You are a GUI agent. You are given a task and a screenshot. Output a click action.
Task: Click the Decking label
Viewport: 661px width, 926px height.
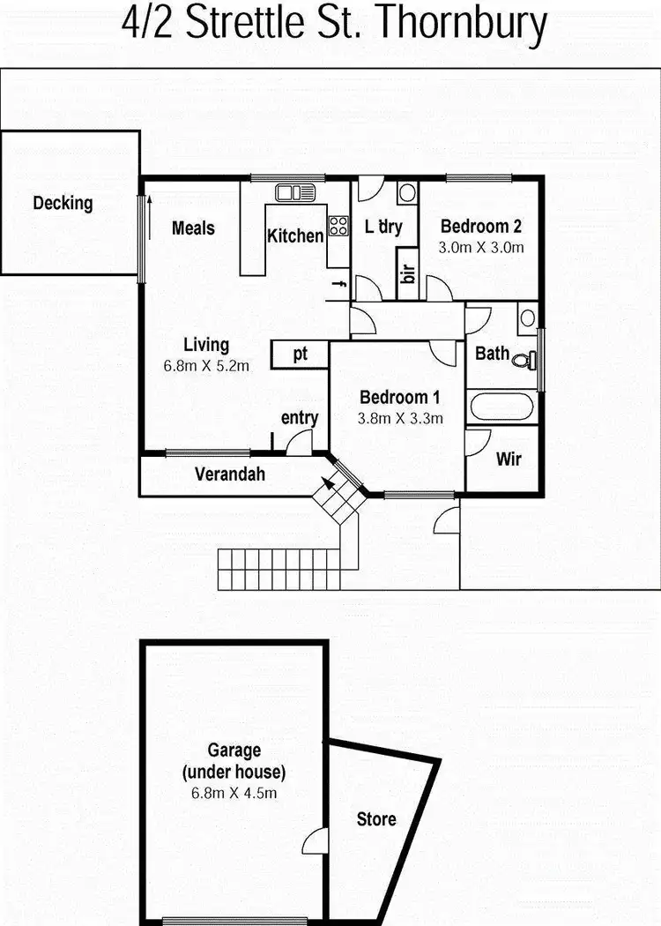pyautogui.click(x=63, y=203)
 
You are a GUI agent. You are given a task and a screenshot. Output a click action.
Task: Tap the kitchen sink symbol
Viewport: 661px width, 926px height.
pyautogui.click(x=295, y=192)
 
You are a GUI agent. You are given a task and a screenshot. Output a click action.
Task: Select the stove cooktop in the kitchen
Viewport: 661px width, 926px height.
pyautogui.click(x=338, y=226)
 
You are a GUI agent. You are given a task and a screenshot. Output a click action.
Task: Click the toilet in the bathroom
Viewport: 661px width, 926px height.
pyautogui.click(x=527, y=359)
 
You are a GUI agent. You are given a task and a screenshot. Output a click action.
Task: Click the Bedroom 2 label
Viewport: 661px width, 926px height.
pyautogui.click(x=481, y=226)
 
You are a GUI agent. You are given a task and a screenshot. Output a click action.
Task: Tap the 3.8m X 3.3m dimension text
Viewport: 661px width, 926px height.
pyautogui.click(x=400, y=418)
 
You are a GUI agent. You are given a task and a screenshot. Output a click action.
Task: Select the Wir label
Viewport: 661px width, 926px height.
pyautogui.click(x=509, y=459)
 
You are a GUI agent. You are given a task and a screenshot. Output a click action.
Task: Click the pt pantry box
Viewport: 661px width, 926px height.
pyautogui.click(x=300, y=354)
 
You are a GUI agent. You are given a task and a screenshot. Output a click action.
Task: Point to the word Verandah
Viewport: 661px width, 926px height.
pyautogui.click(x=230, y=474)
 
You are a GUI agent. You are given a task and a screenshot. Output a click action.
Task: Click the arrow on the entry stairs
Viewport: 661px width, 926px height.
pyautogui.click(x=328, y=483)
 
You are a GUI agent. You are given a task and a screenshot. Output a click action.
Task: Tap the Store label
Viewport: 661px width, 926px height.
pyautogui.click(x=376, y=819)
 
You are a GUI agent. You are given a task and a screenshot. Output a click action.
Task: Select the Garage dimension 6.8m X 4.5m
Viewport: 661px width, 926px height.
pyautogui.click(x=234, y=793)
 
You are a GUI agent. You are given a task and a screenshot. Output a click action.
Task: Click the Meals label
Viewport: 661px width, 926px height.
pyautogui.click(x=193, y=228)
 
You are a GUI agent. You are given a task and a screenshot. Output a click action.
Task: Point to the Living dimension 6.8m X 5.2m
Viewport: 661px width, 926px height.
pyautogui.click(x=206, y=364)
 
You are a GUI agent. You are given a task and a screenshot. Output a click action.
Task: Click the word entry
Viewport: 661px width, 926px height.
pyautogui.click(x=299, y=418)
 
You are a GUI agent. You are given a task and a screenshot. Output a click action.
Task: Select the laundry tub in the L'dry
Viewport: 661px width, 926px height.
pyautogui.click(x=406, y=192)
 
